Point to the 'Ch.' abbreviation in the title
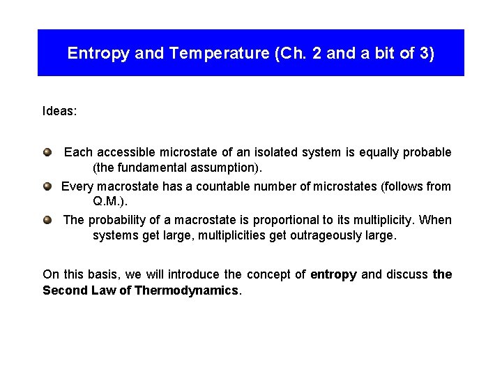279,54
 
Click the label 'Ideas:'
60,111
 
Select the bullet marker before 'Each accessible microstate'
47,151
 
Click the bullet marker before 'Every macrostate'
47,186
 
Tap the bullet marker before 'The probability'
47,219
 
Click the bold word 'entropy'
333,274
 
